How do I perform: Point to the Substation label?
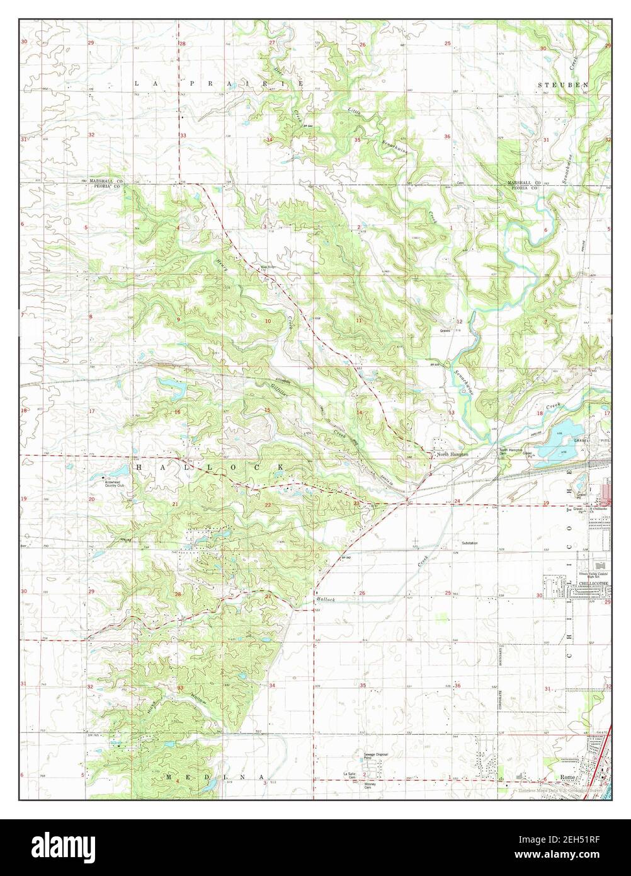coord(469,543)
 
